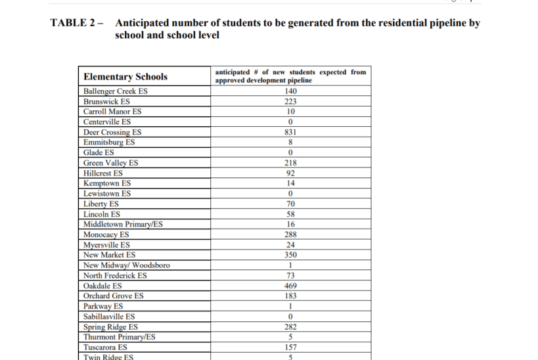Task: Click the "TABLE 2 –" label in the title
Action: pos(77,23)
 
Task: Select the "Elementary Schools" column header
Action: pos(125,77)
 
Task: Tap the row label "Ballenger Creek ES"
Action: pos(116,91)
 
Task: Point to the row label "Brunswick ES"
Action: pos(106,102)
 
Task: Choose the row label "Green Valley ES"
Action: pos(110,163)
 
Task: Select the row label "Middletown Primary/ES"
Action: pos(123,224)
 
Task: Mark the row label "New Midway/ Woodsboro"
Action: pos(126,265)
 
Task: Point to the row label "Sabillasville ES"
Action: pos(109,317)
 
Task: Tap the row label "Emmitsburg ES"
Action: pos(109,143)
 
